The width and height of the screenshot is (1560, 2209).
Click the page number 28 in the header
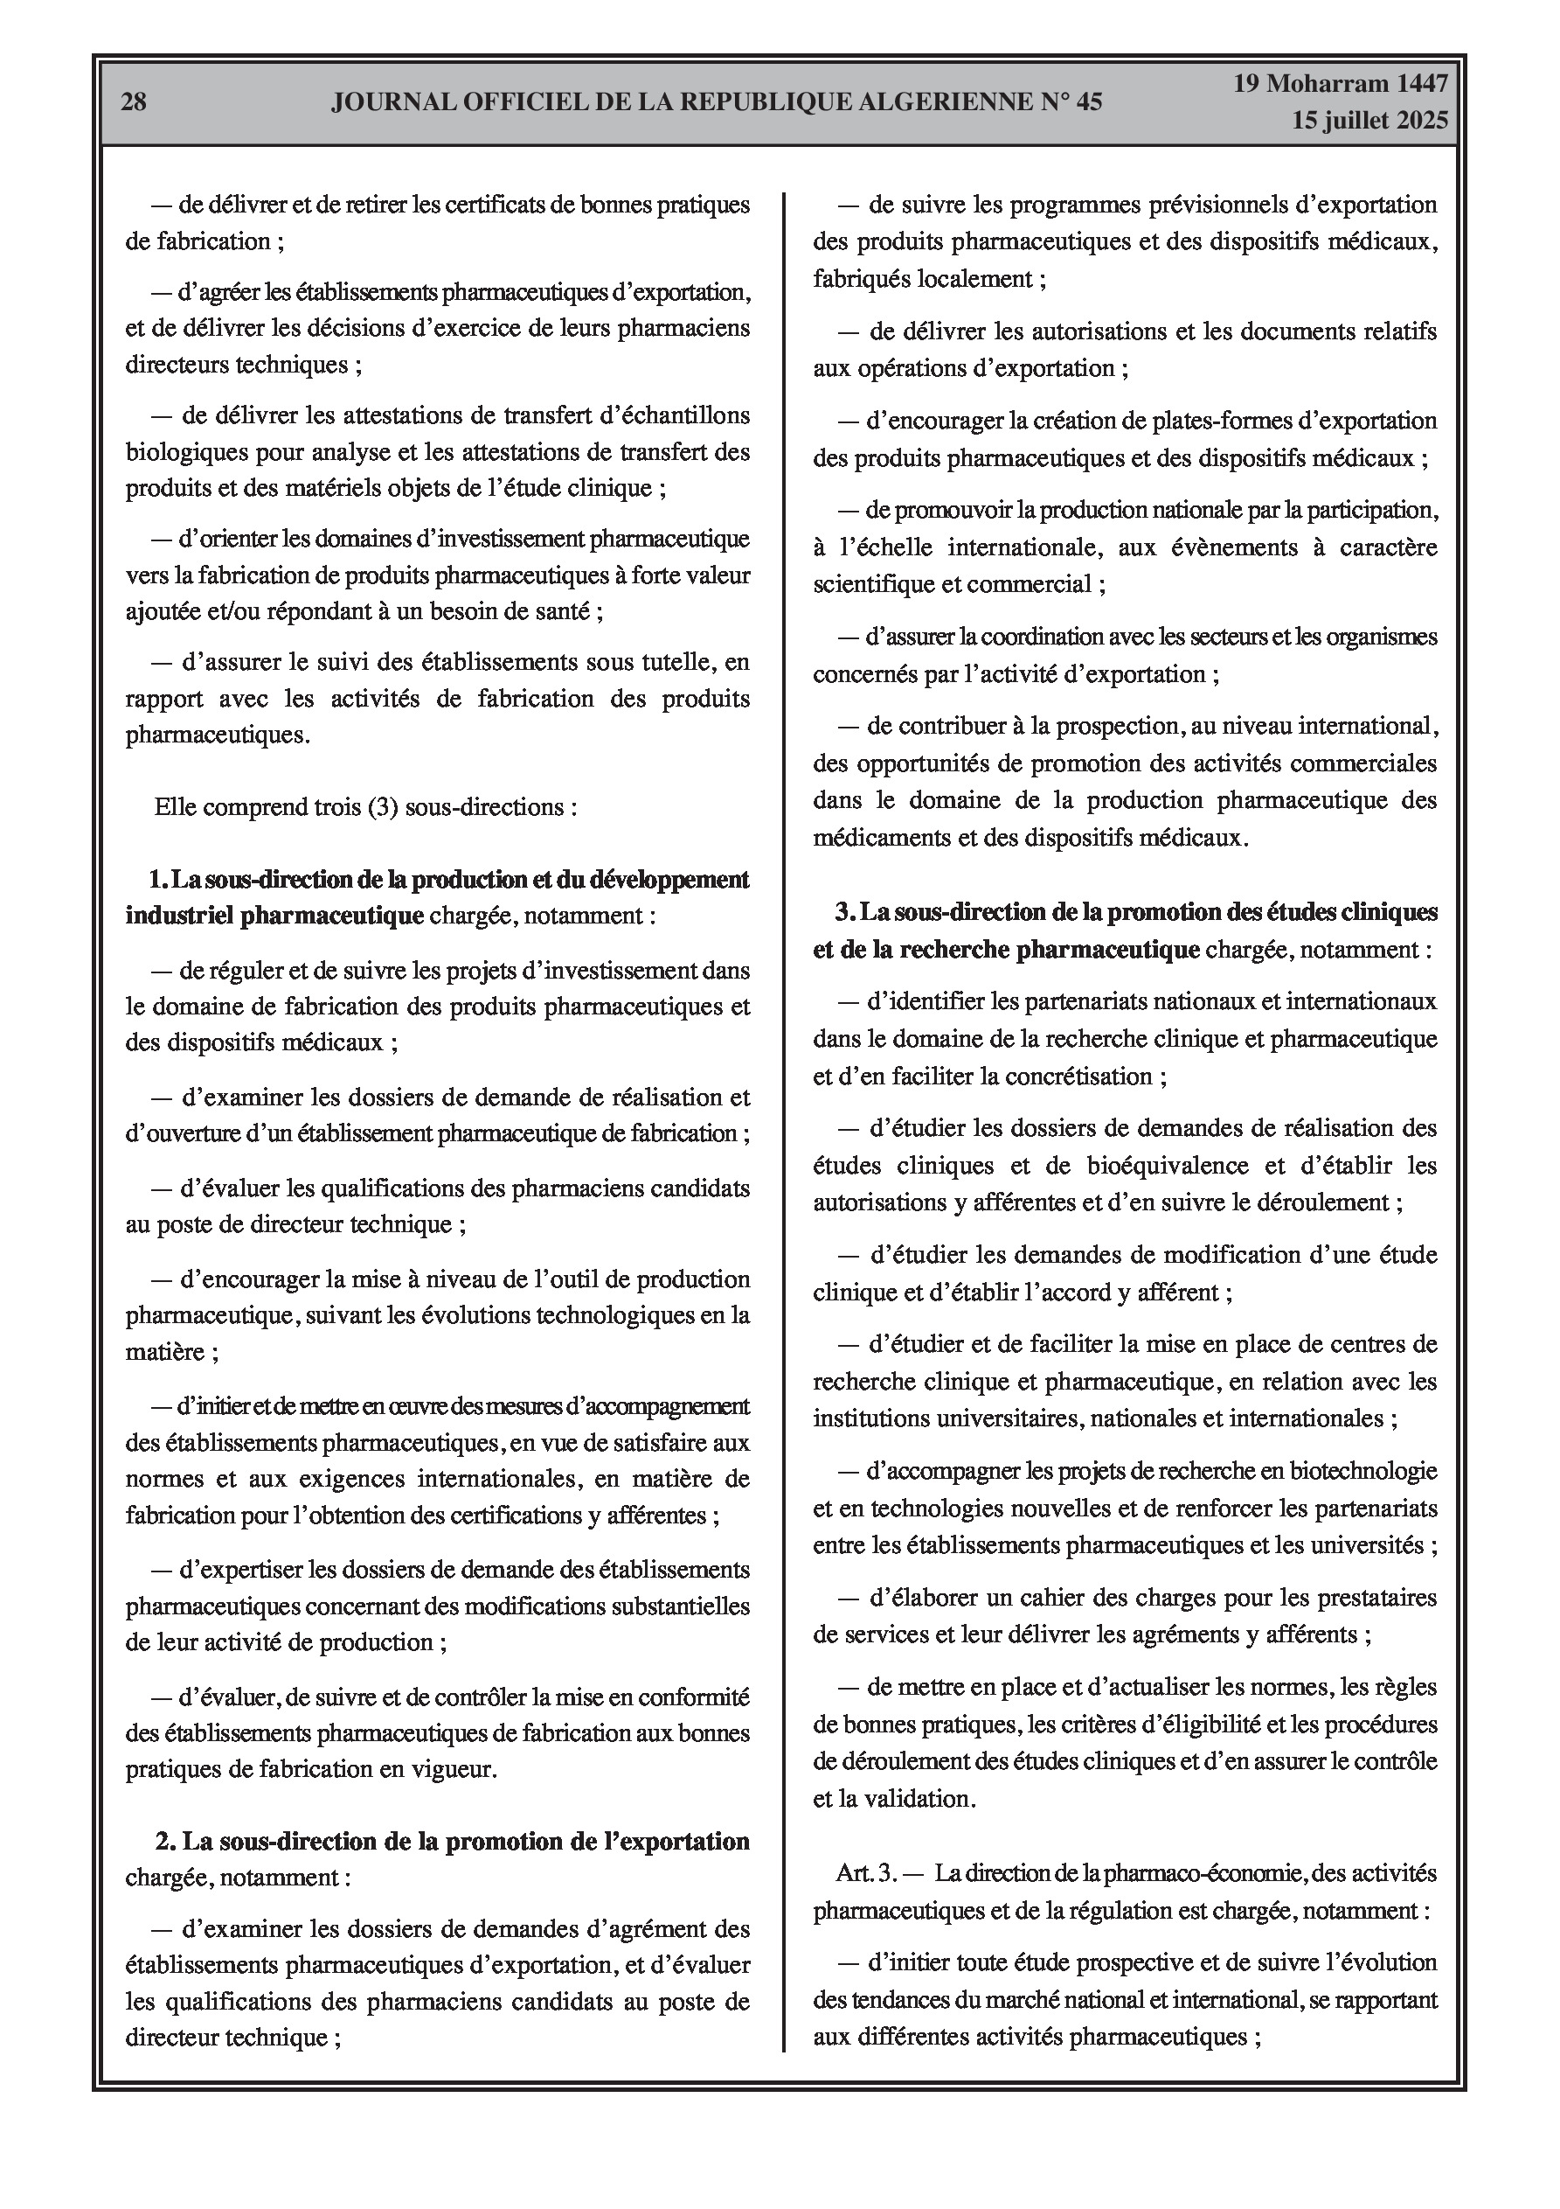click(134, 101)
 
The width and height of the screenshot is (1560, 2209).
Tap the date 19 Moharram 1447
click(1341, 84)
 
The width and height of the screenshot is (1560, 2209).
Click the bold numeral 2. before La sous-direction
click(165, 1842)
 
